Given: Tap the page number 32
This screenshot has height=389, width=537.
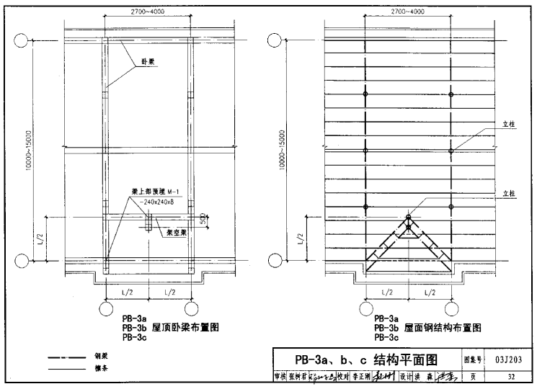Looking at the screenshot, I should tap(510, 376).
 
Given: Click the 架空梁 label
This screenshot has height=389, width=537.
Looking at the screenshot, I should tap(177, 232).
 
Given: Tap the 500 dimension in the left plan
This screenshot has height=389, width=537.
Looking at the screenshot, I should tap(204, 218).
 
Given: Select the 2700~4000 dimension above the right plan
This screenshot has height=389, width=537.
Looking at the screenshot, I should tap(408, 12).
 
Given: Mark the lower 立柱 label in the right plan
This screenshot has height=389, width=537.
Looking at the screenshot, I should tap(509, 193).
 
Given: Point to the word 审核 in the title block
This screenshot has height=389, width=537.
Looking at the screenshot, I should tap(280, 376).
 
